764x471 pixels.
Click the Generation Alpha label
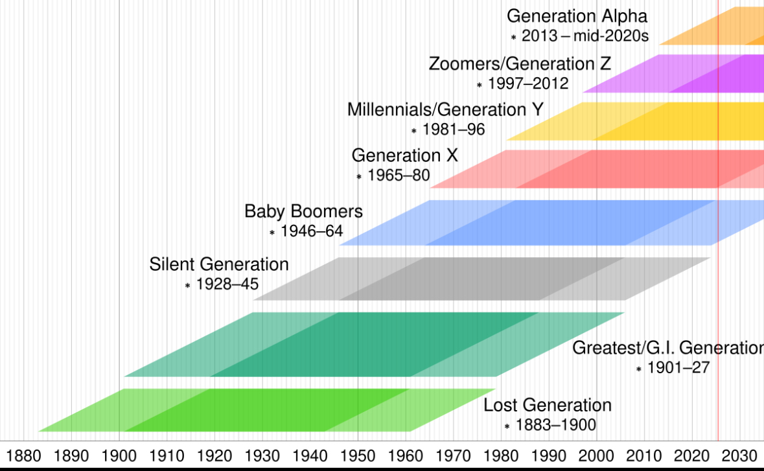(577, 16)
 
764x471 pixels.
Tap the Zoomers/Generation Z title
(519, 64)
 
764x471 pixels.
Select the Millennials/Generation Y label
(445, 109)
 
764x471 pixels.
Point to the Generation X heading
(404, 155)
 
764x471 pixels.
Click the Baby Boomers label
(303, 211)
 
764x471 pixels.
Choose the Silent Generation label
(219, 264)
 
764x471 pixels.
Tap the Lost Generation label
(548, 406)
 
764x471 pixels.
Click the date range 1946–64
(312, 231)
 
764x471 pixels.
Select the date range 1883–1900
(555, 426)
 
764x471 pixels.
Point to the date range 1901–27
(678, 368)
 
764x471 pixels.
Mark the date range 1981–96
(454, 130)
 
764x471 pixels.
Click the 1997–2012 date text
(528, 84)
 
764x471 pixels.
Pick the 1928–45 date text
(227, 284)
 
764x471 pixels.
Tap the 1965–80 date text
(399, 175)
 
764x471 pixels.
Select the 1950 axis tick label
(358, 454)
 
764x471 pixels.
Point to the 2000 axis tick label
(596, 454)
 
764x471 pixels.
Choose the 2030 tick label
(739, 454)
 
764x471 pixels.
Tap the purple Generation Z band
(687, 73)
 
